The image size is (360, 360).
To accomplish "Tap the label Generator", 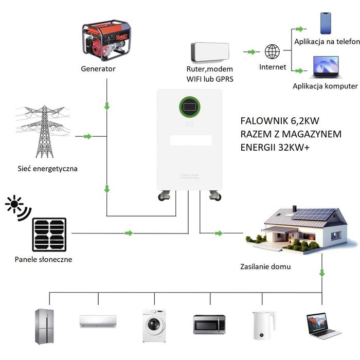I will pos(98,69).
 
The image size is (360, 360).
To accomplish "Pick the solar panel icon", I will pos(49,233).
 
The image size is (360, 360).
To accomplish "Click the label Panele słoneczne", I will pos(44,259).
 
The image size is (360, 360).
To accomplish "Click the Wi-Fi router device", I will pos(210,51).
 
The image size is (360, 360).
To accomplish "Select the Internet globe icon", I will pos(272,51).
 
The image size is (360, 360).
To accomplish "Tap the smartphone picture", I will pos(325,23).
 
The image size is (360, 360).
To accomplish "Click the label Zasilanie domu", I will pos(265,266).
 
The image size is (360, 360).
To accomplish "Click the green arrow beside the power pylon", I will pos(88,136).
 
